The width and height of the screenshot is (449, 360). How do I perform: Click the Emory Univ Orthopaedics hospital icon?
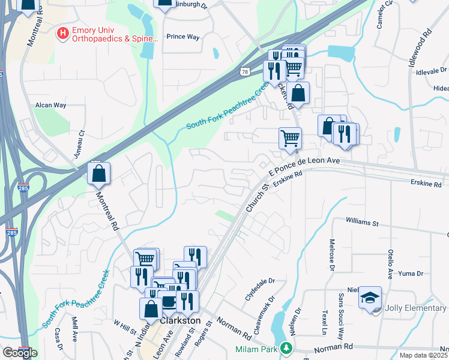click(62, 34)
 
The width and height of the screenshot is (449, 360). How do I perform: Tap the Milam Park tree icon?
click(288, 347)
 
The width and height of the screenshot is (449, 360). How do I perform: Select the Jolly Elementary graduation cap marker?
click(370, 298)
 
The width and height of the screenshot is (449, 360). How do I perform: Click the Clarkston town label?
click(179, 321)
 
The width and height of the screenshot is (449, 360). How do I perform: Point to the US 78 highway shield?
click(244, 72)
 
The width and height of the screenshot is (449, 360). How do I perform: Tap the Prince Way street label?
click(182, 37)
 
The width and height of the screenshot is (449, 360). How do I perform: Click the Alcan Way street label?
click(50, 104)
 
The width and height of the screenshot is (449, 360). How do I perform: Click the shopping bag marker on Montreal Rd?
click(99, 174)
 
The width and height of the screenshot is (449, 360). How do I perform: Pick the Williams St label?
click(362, 223)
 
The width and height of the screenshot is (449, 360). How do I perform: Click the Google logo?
click(20, 353)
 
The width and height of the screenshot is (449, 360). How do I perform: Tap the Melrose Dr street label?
click(331, 255)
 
